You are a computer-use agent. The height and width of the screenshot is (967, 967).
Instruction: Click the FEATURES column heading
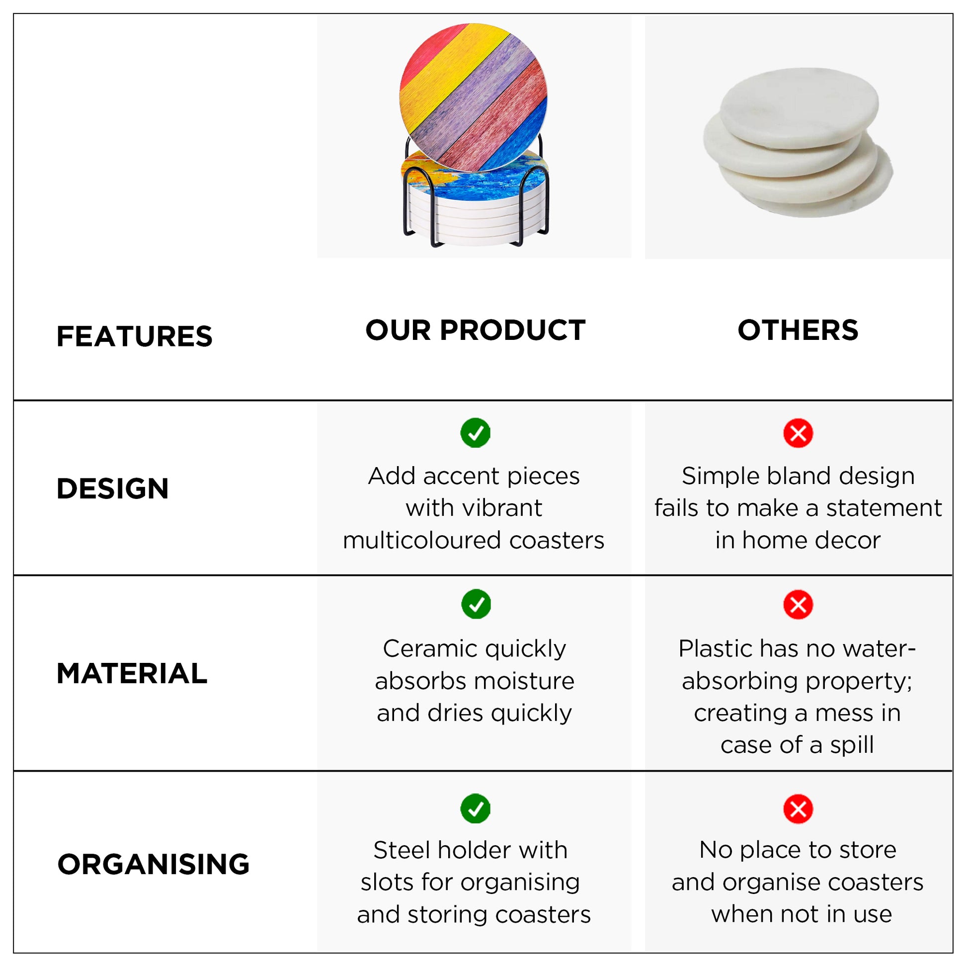(134, 336)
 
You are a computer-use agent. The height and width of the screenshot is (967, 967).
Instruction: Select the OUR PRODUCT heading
(475, 330)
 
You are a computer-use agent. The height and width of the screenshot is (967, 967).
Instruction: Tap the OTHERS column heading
(798, 330)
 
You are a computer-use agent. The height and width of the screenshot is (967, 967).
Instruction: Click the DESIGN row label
(113, 488)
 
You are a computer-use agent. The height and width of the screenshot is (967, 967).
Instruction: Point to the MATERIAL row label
(132, 673)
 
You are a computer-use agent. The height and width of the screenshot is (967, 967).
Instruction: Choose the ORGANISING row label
(153, 865)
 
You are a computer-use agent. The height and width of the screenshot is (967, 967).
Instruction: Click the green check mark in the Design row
(475, 433)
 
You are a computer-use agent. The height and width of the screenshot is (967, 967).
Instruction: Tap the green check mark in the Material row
(476, 604)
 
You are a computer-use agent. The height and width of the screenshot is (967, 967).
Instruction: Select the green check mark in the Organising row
(475, 808)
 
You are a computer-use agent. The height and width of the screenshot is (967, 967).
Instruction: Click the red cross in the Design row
(798, 433)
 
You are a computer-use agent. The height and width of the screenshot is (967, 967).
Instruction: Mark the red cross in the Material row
(798, 605)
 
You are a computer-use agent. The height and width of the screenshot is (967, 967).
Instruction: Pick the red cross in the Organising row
(798, 809)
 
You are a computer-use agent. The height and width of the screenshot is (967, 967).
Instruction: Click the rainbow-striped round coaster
(473, 97)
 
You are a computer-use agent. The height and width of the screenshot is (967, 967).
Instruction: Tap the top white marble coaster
(800, 108)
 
